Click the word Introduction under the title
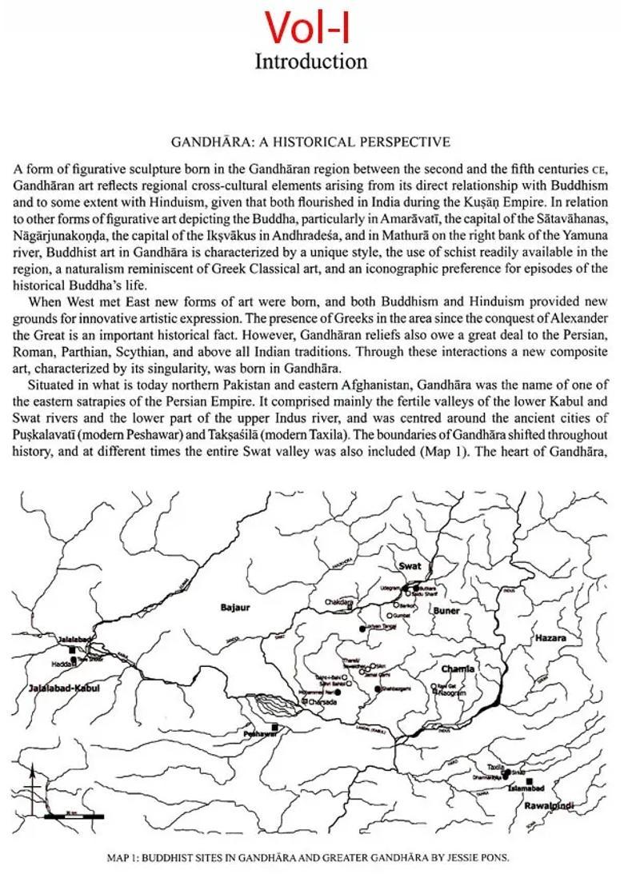(x=311, y=62)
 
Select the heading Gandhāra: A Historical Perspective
(x=311, y=142)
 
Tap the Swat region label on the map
(x=410, y=566)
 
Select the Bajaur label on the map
(x=235, y=608)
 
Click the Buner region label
(x=446, y=611)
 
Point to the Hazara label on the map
(x=550, y=639)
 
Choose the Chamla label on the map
(x=458, y=668)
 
